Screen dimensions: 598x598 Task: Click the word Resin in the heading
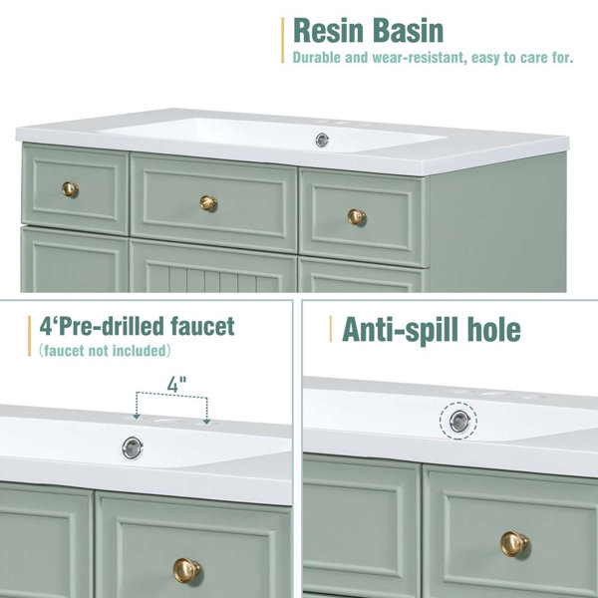click(x=328, y=31)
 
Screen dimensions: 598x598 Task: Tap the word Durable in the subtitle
click(x=317, y=58)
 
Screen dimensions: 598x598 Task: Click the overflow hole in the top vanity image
click(x=322, y=140)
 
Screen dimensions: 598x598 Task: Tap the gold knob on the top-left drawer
click(x=70, y=189)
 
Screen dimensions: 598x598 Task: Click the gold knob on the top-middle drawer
click(x=208, y=203)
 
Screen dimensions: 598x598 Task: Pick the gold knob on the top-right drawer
click(x=356, y=217)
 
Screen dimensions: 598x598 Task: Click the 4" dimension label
click(x=176, y=384)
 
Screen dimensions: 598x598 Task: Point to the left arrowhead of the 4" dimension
click(x=137, y=416)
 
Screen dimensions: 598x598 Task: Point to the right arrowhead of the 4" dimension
click(x=207, y=421)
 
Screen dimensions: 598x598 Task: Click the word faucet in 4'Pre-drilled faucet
click(x=202, y=326)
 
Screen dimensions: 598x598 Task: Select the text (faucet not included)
click(x=105, y=351)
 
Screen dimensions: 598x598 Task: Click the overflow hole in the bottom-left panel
click(x=133, y=448)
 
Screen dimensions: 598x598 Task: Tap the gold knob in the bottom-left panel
click(x=186, y=570)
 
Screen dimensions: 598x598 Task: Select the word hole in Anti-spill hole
click(x=494, y=330)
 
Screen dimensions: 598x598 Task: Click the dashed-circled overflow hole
click(x=458, y=422)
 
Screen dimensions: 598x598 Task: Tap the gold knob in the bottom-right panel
click(x=514, y=544)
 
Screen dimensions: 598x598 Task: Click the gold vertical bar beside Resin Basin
click(x=283, y=40)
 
